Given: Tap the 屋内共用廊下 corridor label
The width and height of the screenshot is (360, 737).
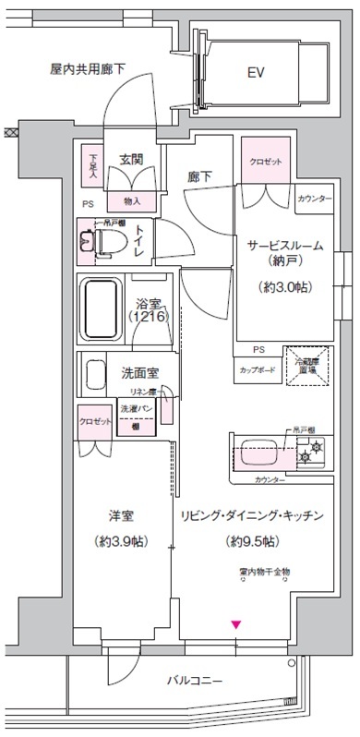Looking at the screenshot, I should [88, 68].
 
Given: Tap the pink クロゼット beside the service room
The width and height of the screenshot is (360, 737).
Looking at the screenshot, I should [265, 159].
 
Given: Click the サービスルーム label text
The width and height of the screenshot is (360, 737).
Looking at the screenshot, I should [284, 246].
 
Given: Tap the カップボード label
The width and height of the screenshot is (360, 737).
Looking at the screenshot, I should [258, 369].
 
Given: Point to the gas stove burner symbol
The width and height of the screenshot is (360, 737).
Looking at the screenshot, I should [315, 453].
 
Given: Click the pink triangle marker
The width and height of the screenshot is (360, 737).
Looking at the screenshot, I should [236, 627].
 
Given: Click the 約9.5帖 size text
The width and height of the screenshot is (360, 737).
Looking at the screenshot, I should [246, 540].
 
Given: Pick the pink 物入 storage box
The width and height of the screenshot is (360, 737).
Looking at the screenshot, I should [131, 200].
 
